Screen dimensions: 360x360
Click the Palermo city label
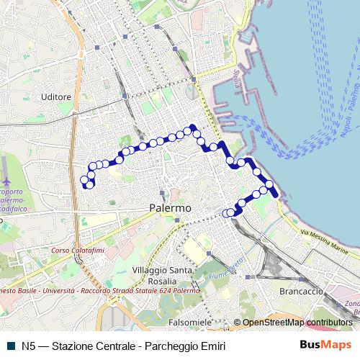click(170, 207)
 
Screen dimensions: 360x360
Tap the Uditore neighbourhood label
click(56, 96)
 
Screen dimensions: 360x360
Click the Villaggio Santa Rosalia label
click(162, 274)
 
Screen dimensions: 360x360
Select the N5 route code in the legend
click(29, 346)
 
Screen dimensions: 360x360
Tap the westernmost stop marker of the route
click(84, 179)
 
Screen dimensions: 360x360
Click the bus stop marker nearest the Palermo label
click(228, 212)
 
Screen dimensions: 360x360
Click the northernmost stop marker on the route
click(193, 129)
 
